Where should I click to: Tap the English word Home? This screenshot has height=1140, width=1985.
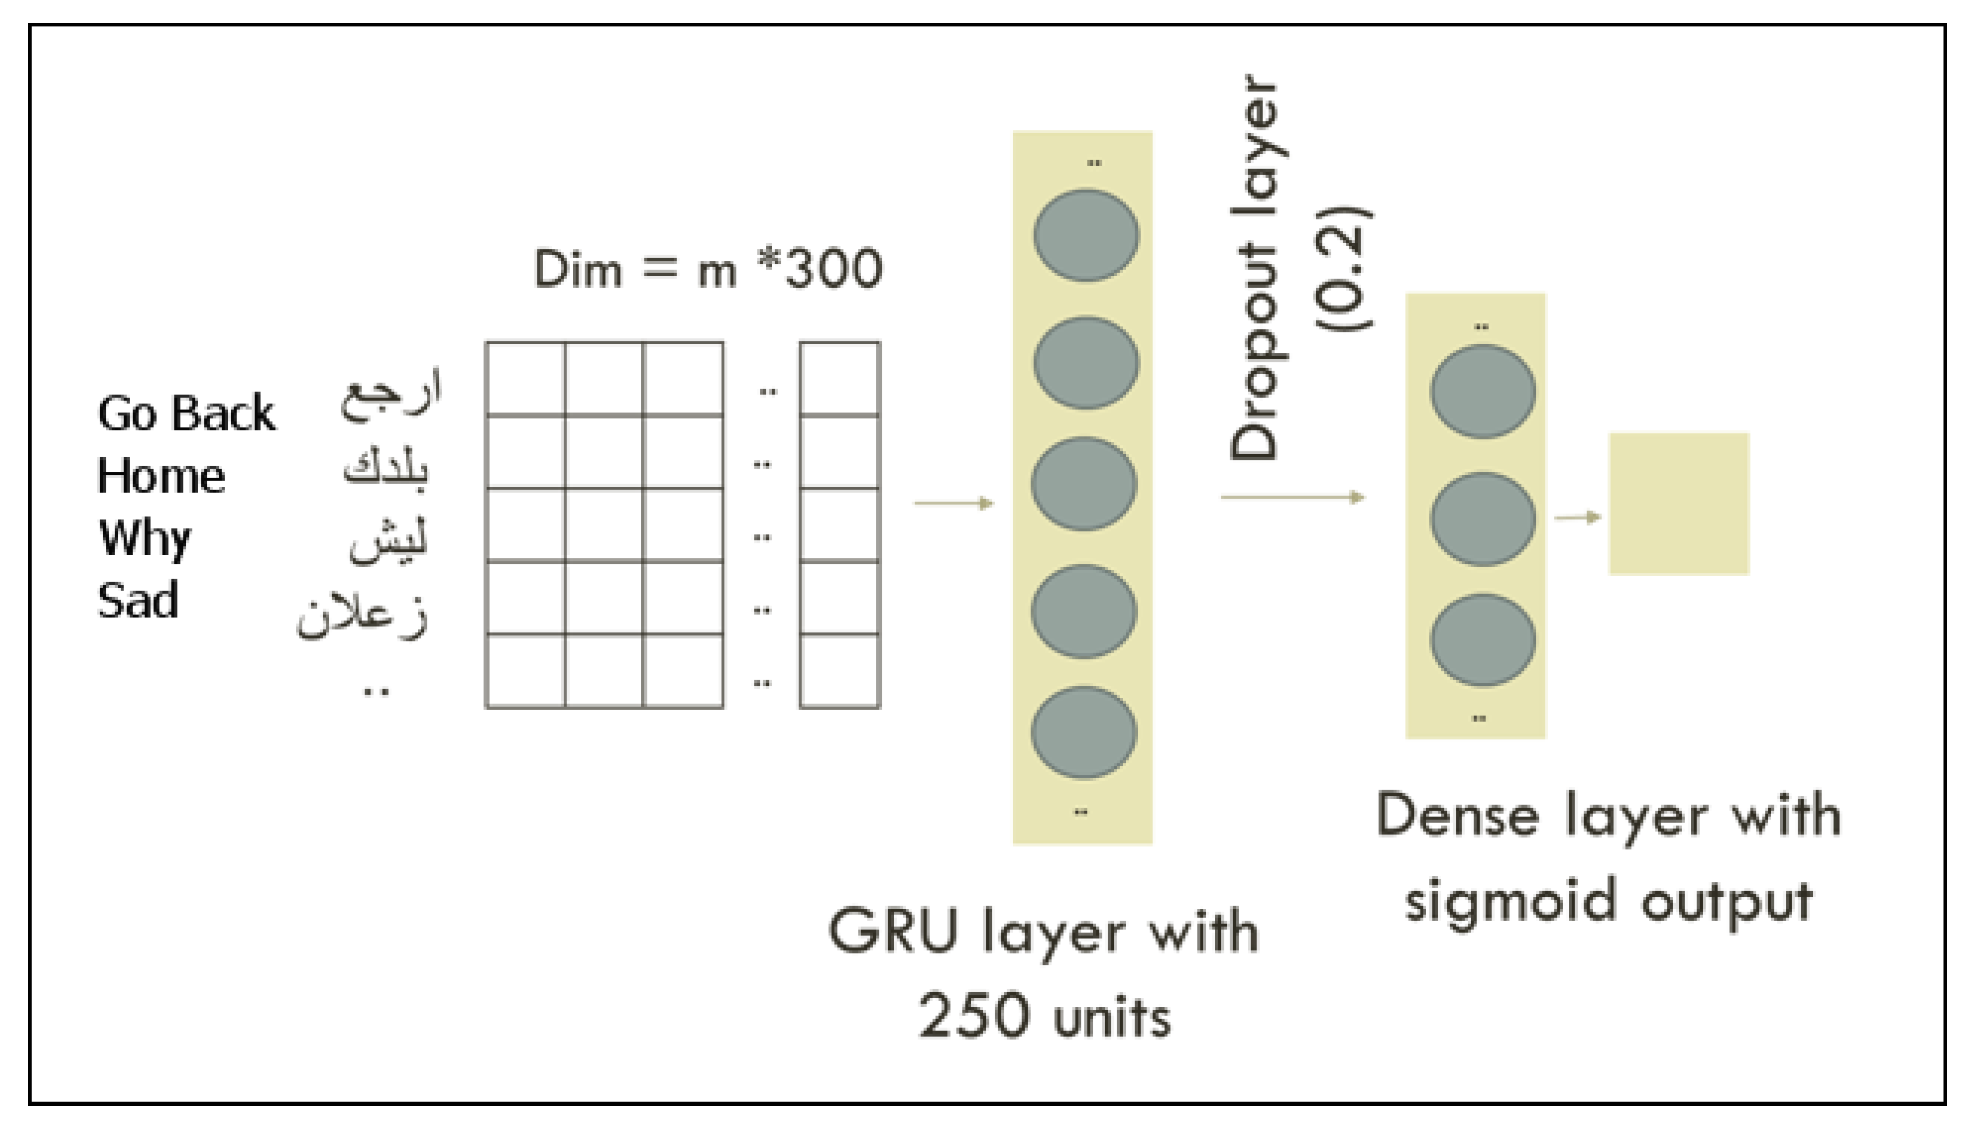click(x=161, y=476)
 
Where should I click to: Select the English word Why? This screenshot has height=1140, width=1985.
click(x=144, y=539)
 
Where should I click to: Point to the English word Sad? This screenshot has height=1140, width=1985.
click(x=138, y=600)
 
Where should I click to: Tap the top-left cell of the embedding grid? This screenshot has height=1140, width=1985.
click(x=525, y=378)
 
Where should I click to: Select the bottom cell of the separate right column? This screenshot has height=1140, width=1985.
click(x=840, y=671)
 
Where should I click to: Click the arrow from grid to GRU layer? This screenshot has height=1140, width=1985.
click(x=954, y=503)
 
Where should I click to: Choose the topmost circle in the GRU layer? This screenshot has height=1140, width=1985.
click(x=1086, y=235)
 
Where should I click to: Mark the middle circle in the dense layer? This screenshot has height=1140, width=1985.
click(x=1482, y=519)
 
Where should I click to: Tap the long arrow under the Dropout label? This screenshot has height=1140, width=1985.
click(x=1292, y=497)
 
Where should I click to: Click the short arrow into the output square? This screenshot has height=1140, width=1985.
click(x=1577, y=517)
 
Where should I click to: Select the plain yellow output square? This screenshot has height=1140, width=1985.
click(x=1679, y=504)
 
